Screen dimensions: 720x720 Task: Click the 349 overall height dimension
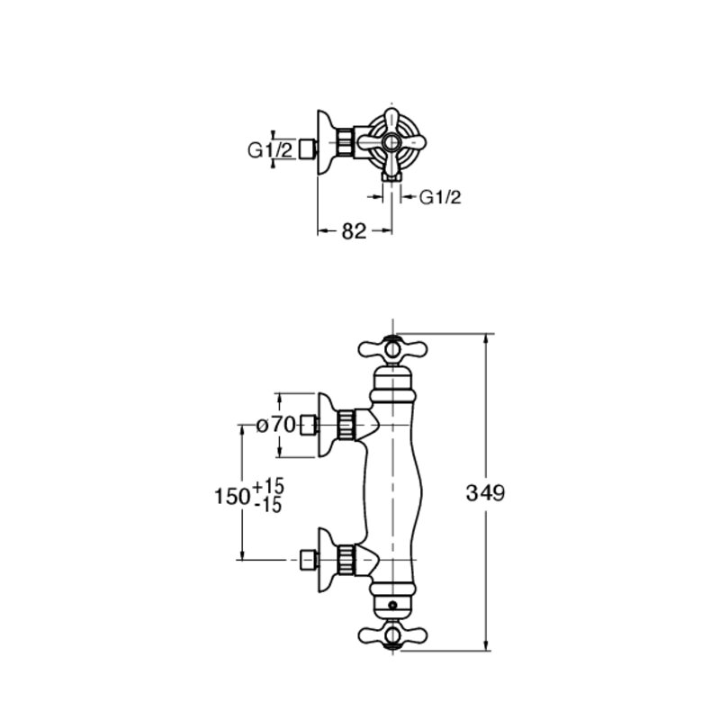(x=485, y=493)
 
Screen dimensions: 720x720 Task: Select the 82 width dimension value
(x=354, y=231)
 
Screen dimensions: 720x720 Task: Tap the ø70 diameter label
(x=275, y=425)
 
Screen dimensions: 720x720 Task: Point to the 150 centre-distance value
(x=232, y=496)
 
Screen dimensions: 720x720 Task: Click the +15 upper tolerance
(x=268, y=486)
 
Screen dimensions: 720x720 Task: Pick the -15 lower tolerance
(x=268, y=505)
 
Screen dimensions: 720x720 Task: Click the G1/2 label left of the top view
(x=270, y=150)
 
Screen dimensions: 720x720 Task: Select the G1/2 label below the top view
(x=440, y=197)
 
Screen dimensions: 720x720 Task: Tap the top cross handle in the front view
(x=392, y=350)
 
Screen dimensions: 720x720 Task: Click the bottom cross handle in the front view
(x=392, y=635)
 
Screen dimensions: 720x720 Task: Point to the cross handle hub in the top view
(x=391, y=143)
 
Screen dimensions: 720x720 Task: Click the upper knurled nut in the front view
(x=346, y=425)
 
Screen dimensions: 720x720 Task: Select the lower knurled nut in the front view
(x=346, y=560)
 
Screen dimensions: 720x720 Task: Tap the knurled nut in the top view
(x=344, y=143)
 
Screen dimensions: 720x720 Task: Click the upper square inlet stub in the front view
(x=309, y=425)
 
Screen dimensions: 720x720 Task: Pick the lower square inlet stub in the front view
(x=309, y=560)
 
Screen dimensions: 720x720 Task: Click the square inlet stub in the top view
(x=307, y=149)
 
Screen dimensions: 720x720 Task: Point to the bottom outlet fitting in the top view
(x=392, y=176)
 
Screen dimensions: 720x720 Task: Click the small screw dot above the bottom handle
(x=392, y=606)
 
